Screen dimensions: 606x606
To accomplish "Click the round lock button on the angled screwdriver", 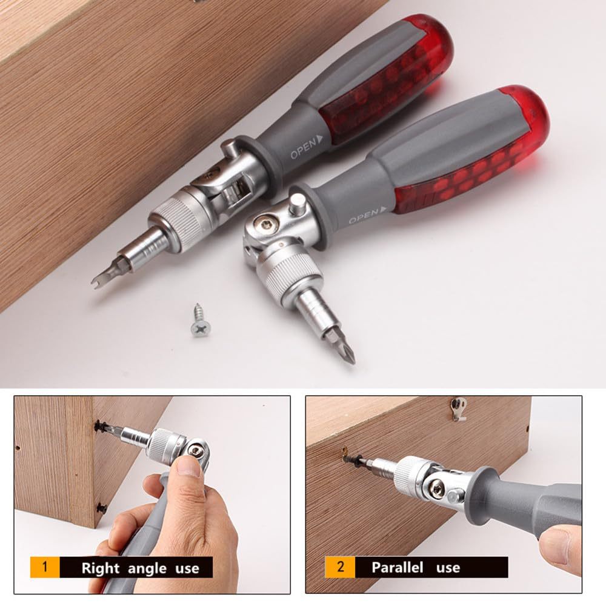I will pyautogui.click(x=296, y=203).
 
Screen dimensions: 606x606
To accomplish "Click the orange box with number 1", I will pyautogui.click(x=44, y=568).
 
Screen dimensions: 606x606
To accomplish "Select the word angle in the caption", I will pyautogui.click(x=147, y=568).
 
